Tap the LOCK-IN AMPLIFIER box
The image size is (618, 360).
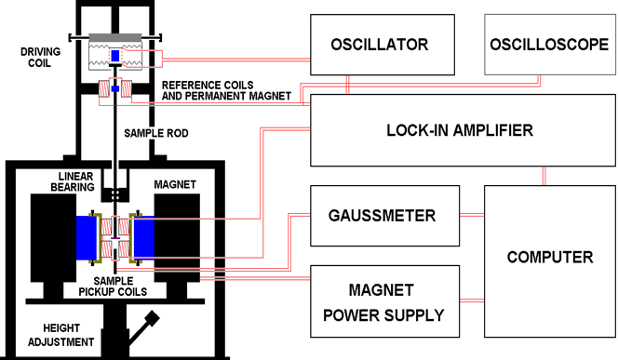coord(459,130)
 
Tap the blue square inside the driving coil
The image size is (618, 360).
coord(115,58)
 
